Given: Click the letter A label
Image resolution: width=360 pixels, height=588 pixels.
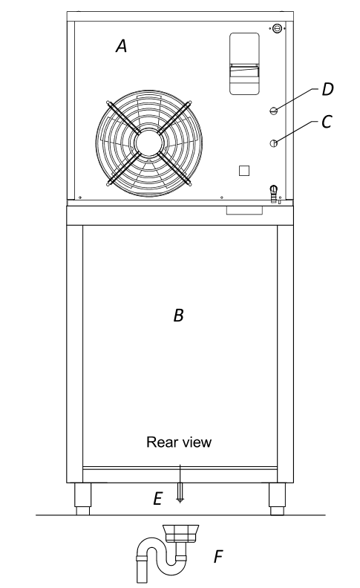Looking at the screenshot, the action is pos(122,46).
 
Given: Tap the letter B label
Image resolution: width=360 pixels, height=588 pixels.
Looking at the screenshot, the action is pos(179,316).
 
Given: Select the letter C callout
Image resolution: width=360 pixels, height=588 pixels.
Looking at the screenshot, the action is pos(327,122).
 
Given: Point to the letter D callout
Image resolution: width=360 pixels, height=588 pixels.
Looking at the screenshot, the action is pos(328,89).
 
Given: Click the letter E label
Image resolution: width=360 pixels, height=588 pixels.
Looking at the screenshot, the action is pos(158,499).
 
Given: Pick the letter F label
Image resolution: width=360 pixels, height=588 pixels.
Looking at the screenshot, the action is pos(218,557).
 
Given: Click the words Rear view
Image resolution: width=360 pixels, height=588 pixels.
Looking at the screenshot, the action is pos(179,442).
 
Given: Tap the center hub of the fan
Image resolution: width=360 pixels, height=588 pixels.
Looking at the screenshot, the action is pos(149,143).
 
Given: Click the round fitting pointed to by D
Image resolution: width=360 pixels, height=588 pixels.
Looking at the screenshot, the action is pos(274,110).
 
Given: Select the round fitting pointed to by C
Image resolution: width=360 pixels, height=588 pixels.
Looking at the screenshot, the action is pos(274,143).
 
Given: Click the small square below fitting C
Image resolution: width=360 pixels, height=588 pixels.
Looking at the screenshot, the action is pos(244,171).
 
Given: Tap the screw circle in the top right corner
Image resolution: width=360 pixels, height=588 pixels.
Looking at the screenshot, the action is pos(277,28).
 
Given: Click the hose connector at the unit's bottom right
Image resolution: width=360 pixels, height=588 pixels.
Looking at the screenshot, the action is pos(274,194).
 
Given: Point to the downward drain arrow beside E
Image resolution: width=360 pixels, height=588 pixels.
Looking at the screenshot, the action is pos(180,484).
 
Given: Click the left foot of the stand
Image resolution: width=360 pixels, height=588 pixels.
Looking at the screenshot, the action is pos(83,499).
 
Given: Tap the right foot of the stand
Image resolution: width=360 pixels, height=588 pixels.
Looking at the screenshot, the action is pos(277,499).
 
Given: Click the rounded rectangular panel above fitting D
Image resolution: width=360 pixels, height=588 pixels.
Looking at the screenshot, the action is pos(244,63).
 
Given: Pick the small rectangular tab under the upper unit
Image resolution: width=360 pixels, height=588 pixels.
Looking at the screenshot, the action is pos(244,210).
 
